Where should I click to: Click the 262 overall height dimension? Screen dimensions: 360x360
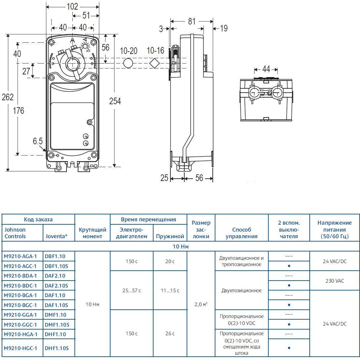[8, 97]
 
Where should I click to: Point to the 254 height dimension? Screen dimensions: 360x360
[115, 101]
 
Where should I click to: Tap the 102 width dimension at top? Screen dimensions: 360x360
[72, 6]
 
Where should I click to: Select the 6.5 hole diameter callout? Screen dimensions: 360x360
[38, 141]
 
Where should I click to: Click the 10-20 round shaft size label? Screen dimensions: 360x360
[129, 51]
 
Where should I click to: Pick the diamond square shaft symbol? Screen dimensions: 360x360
[154, 63]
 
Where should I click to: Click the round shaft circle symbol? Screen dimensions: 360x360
[128, 63]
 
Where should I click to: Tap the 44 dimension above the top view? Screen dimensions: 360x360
[266, 69]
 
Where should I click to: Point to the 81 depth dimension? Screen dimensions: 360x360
[192, 22]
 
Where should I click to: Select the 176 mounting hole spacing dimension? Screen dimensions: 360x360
[19, 111]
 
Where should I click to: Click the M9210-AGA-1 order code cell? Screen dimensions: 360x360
[20, 256]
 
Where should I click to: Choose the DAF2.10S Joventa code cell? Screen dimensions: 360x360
[56, 286]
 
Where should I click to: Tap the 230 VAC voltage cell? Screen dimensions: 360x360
[335, 281]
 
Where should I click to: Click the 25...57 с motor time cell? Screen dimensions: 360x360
[132, 291]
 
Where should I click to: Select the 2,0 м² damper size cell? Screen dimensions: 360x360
[201, 304]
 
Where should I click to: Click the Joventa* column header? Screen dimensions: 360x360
[57, 236]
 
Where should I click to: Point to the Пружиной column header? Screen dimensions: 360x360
[170, 237]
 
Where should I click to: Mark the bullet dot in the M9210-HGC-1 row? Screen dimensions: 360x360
[289, 348]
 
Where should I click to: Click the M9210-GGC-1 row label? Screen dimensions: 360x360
[20, 325]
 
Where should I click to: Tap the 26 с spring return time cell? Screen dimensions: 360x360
[170, 334]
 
